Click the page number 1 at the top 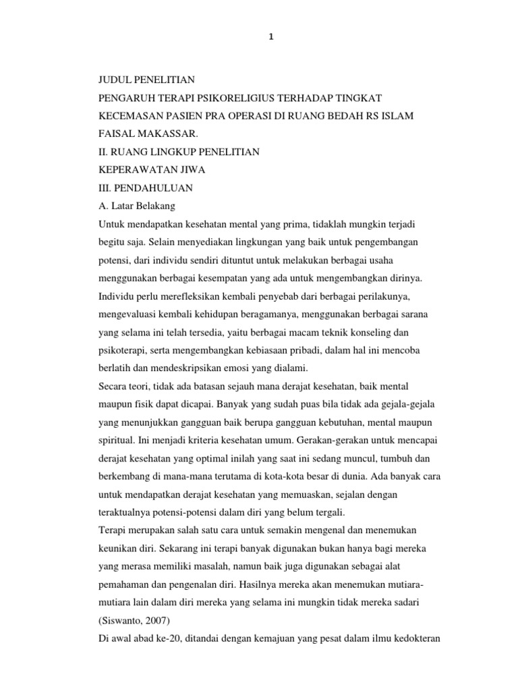pyautogui.click(x=271, y=38)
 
